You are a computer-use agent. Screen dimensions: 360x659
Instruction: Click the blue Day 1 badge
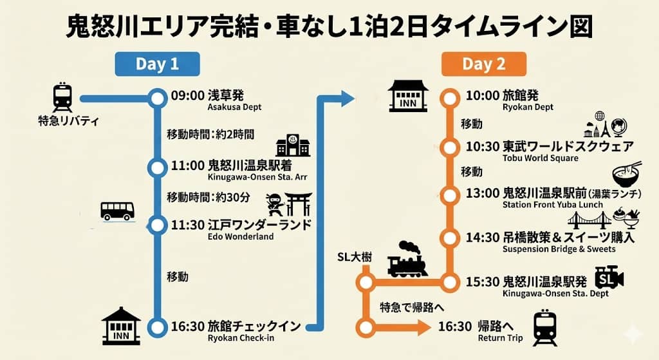coord(157,64)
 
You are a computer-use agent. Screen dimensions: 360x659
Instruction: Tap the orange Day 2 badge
coord(484,64)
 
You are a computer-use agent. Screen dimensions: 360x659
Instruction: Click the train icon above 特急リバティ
coord(62,97)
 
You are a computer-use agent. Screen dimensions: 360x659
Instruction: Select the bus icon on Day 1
coord(117,211)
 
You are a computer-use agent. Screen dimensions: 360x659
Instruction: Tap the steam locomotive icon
coord(407,260)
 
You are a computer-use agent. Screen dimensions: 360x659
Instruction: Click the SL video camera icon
coord(609,278)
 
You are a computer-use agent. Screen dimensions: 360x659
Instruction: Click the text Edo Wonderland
coord(241,236)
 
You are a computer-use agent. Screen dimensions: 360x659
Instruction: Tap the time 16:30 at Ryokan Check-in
coord(188,327)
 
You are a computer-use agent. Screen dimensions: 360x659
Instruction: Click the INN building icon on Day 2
coord(408,97)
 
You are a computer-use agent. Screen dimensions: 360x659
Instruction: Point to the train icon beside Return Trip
coord(545,328)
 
